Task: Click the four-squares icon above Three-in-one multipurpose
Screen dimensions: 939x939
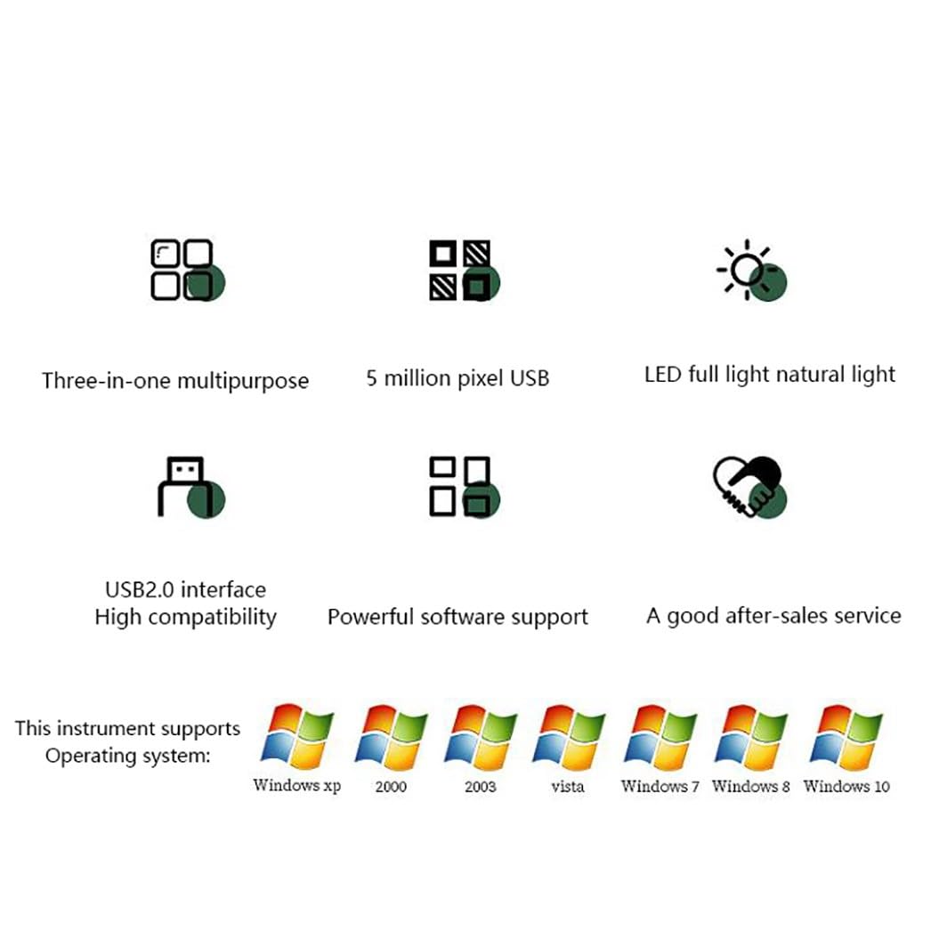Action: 188,270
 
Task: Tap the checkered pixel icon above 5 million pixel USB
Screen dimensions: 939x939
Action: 464,270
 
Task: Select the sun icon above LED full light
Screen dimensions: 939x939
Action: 752,270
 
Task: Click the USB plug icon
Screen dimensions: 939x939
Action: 191,488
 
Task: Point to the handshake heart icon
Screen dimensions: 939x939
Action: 749,488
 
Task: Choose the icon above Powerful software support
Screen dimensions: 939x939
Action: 464,488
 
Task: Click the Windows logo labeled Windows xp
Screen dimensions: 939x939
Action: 297,737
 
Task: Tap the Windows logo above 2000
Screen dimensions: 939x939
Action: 391,737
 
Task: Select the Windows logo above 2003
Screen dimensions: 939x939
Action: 481,737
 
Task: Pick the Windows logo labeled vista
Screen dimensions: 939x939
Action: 569,737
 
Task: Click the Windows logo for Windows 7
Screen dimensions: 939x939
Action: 660,737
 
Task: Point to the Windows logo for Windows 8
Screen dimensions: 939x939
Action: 750,737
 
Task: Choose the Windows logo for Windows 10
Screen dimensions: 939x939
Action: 846,737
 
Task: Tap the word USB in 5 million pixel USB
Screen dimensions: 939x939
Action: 530,378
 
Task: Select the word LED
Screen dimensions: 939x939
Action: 663,375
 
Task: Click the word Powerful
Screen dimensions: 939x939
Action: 370,617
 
